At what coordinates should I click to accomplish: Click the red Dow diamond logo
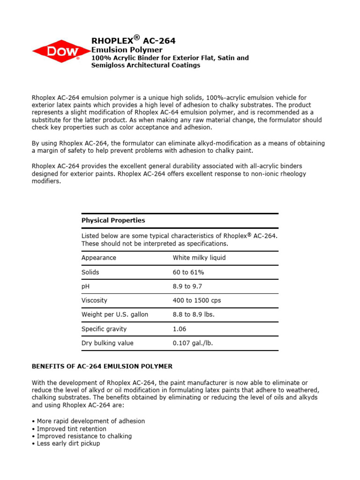pos(61,52)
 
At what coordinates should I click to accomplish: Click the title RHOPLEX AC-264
pos(133,41)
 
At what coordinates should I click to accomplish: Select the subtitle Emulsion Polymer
pos(127,50)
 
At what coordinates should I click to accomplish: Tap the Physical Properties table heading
pos(113,220)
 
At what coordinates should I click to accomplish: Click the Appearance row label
pos(98,258)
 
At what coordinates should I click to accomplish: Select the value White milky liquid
pos(199,258)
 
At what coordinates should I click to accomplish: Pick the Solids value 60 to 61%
pos(188,272)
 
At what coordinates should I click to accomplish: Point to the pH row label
pos(86,286)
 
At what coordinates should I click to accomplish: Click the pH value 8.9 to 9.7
pos(187,286)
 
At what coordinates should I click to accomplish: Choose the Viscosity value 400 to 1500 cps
pos(197,300)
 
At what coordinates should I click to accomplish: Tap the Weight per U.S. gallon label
pos(114,315)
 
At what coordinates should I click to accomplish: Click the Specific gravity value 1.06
pos(180,329)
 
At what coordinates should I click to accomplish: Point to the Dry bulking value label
pos(107,343)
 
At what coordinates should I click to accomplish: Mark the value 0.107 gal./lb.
pos(193,343)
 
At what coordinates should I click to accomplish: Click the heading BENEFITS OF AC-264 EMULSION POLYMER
pos(102,366)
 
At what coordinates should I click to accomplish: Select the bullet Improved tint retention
pos(71,429)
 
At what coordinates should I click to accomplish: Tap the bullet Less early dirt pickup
pos(67,443)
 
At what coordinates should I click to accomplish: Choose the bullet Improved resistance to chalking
pos(83,436)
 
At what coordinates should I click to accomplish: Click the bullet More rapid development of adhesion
pos(90,421)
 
